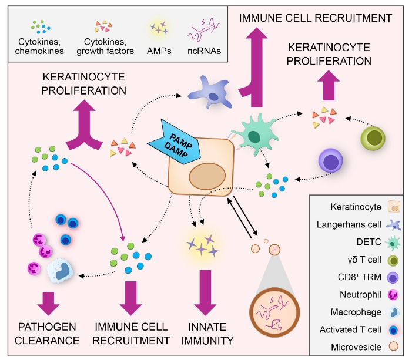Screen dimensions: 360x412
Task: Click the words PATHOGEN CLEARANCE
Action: pos(46,332)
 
